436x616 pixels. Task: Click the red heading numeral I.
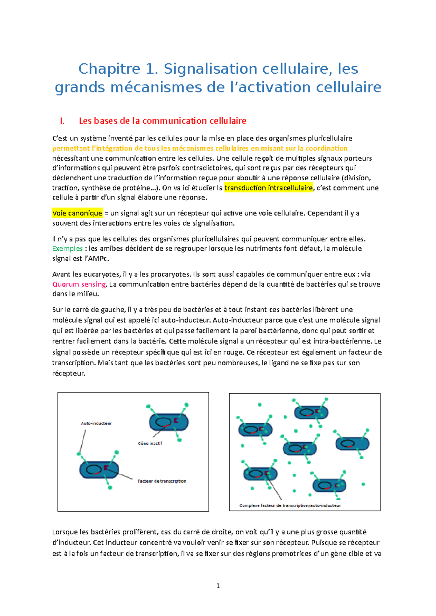tap(62, 121)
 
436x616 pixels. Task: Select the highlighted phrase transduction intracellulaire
tap(269, 188)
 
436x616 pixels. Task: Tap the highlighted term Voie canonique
tap(77, 213)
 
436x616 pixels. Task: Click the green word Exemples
tap(67, 249)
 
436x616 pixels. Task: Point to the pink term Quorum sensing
tap(79, 284)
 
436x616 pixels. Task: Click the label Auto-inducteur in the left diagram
tap(96, 423)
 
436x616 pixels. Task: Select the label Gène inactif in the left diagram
tap(150, 443)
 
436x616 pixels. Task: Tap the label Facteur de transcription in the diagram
tap(162, 481)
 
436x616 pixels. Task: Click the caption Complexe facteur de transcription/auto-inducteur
tap(290, 505)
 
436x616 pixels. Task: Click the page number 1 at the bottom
tap(218, 586)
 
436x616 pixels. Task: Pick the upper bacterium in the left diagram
tap(169, 422)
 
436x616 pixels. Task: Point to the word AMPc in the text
tap(99, 259)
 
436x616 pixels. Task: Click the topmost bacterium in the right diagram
tap(311, 412)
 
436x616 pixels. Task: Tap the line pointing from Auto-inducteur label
tap(82, 441)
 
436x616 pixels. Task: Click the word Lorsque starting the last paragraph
tap(65, 532)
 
